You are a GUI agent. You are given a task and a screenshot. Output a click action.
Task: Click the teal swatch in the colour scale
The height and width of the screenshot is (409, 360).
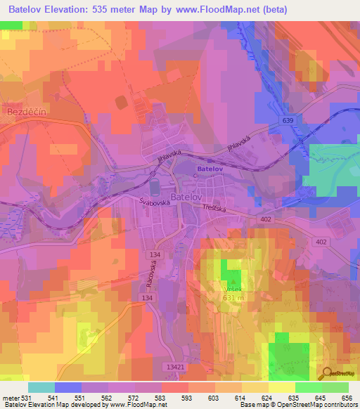tap(41, 387)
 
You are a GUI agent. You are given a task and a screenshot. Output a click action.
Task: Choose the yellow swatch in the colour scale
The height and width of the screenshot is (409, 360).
tap(282, 387)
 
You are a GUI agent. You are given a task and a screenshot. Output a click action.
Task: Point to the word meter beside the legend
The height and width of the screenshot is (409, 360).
tap(9, 398)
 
